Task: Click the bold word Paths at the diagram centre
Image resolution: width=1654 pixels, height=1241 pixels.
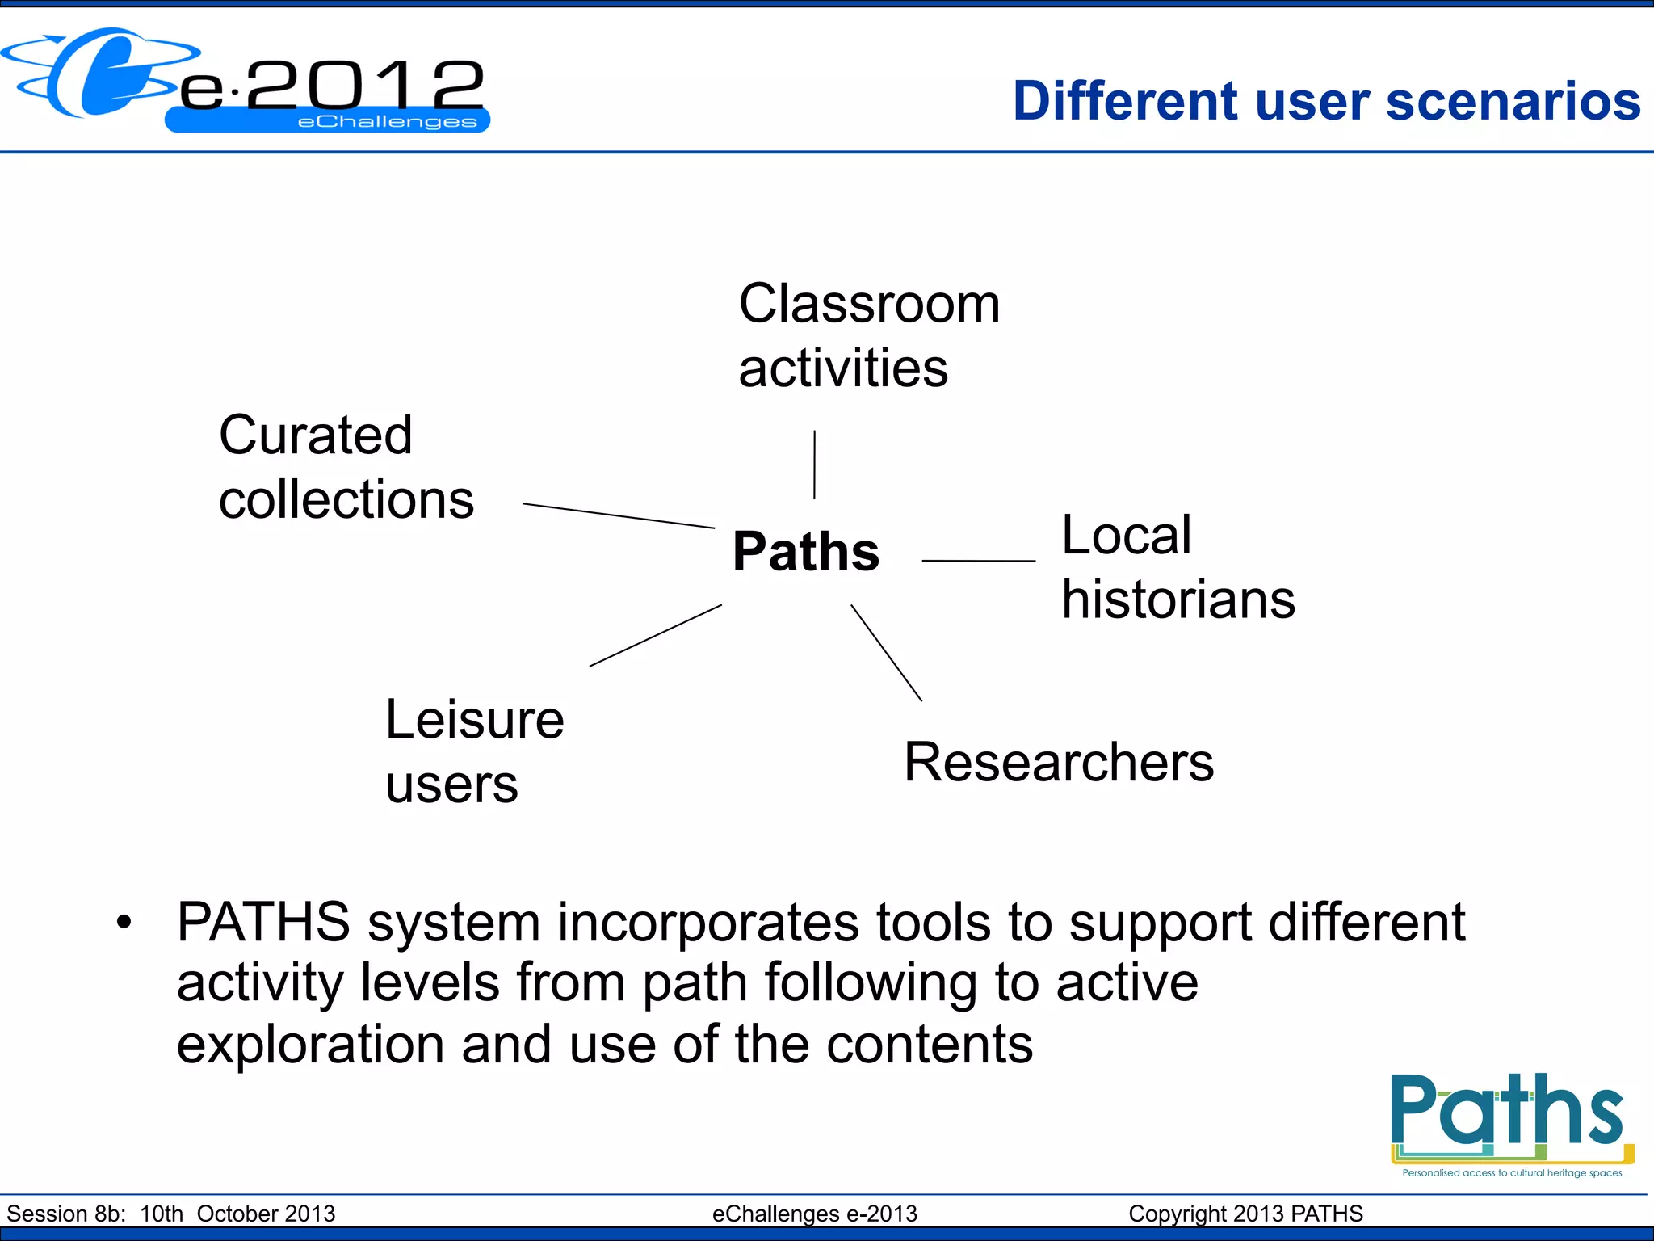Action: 805,552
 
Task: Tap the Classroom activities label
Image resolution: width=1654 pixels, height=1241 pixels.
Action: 868,335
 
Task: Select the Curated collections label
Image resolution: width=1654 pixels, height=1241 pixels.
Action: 346,467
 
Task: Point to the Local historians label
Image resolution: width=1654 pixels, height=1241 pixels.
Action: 1177,567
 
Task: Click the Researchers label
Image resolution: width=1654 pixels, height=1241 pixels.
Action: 1058,762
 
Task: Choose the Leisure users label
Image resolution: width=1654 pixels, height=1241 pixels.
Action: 474,751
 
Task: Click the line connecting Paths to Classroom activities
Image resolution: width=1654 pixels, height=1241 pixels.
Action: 814,465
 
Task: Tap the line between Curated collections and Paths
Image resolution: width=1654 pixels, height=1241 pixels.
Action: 618,515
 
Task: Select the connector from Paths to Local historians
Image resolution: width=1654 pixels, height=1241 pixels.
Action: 978,560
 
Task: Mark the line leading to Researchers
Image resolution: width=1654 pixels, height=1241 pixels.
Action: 886,653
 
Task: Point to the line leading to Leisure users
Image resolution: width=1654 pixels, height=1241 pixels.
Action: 655,635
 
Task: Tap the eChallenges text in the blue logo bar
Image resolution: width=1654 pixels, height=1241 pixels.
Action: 387,122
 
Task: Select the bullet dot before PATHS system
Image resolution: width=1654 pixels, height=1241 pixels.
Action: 124,922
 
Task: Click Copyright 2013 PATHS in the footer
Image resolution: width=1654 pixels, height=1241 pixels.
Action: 1245,1214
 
